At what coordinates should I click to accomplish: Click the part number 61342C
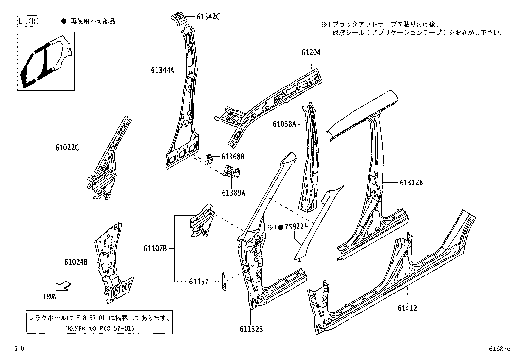click(x=208, y=16)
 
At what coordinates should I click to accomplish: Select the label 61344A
click(x=163, y=70)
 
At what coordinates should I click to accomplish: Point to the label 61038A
click(x=284, y=124)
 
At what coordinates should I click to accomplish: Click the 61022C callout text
click(x=67, y=148)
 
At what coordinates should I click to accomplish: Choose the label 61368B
click(x=233, y=157)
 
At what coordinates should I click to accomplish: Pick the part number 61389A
click(x=233, y=193)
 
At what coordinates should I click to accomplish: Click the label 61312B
click(x=411, y=183)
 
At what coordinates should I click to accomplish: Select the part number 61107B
click(x=155, y=249)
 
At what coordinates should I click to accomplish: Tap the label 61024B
click(x=76, y=262)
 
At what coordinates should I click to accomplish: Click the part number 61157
click(x=198, y=281)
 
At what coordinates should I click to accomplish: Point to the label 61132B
click(x=251, y=329)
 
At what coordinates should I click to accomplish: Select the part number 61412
click(x=407, y=308)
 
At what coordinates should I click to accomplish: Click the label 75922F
click(x=296, y=227)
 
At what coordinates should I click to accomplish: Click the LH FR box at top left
click(x=27, y=22)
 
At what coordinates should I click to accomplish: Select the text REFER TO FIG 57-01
click(x=99, y=328)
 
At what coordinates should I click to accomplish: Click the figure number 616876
click(x=500, y=349)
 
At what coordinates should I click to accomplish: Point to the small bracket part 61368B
click(x=210, y=158)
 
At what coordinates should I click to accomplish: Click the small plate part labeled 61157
click(x=224, y=281)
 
